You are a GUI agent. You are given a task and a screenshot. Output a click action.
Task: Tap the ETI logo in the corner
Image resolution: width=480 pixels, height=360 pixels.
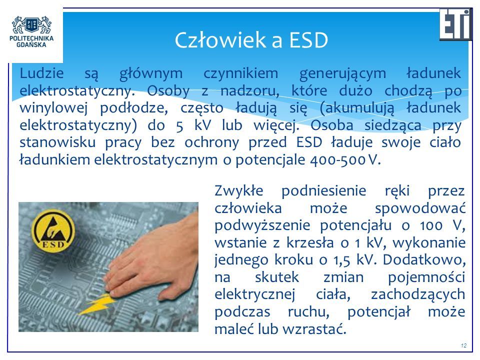pyautogui.click(x=456, y=24)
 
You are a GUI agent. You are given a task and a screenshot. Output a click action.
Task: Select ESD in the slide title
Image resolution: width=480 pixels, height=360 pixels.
pyautogui.click(x=308, y=40)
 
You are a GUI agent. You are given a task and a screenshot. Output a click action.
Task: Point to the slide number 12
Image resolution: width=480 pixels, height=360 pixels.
pyautogui.click(x=463, y=345)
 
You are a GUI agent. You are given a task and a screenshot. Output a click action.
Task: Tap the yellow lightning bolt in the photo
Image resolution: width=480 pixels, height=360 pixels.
pyautogui.click(x=96, y=303)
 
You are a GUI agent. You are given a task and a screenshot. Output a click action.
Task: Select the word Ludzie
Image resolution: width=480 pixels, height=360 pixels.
pyautogui.click(x=41, y=73)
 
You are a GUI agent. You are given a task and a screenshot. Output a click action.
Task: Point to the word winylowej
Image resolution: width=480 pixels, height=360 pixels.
pyautogui.click(x=53, y=108)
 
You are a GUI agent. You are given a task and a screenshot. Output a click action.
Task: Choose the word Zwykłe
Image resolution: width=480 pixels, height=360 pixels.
pyautogui.click(x=239, y=190)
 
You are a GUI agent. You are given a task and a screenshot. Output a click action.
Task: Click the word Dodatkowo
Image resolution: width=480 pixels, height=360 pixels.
pyautogui.click(x=424, y=260)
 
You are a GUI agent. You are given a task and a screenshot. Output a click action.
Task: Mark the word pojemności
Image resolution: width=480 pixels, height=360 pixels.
pyautogui.click(x=426, y=278)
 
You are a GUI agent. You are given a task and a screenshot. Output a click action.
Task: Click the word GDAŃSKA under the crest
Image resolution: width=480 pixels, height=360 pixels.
pyautogui.click(x=31, y=44)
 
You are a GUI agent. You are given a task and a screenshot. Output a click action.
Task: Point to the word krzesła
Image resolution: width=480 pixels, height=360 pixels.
pyautogui.click(x=310, y=243)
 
